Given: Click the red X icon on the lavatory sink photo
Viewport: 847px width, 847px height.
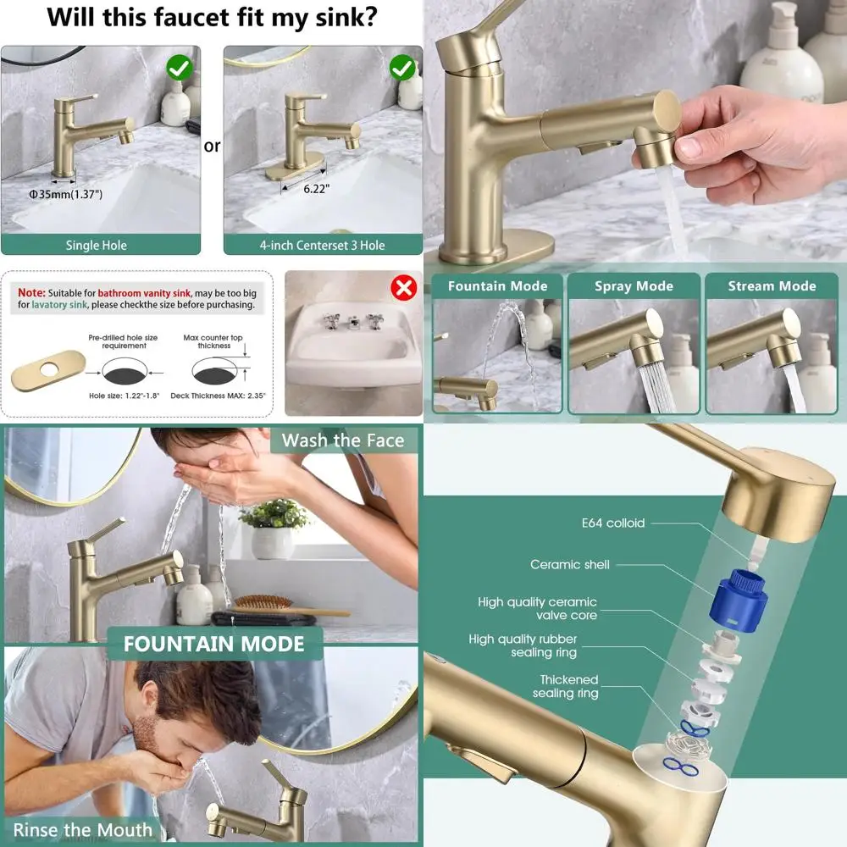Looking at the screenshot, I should click(x=402, y=288).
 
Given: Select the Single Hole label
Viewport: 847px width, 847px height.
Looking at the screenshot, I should click(x=97, y=246).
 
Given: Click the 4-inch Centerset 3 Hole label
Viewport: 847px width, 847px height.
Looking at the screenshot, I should click(x=322, y=246).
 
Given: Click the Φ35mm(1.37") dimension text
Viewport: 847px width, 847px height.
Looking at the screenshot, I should click(x=66, y=195).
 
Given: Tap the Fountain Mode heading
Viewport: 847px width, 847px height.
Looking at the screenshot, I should click(x=497, y=286).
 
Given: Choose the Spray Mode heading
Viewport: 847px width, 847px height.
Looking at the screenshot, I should click(x=634, y=286).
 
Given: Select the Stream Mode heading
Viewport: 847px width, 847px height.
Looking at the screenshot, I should click(x=772, y=286).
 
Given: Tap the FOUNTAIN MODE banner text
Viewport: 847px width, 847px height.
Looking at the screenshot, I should click(x=213, y=644).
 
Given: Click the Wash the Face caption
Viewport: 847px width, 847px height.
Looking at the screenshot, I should click(x=342, y=440).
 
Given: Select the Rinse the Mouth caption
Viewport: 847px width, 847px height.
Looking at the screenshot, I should click(x=83, y=829).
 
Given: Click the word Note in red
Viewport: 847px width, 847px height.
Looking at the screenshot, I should click(x=32, y=291).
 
